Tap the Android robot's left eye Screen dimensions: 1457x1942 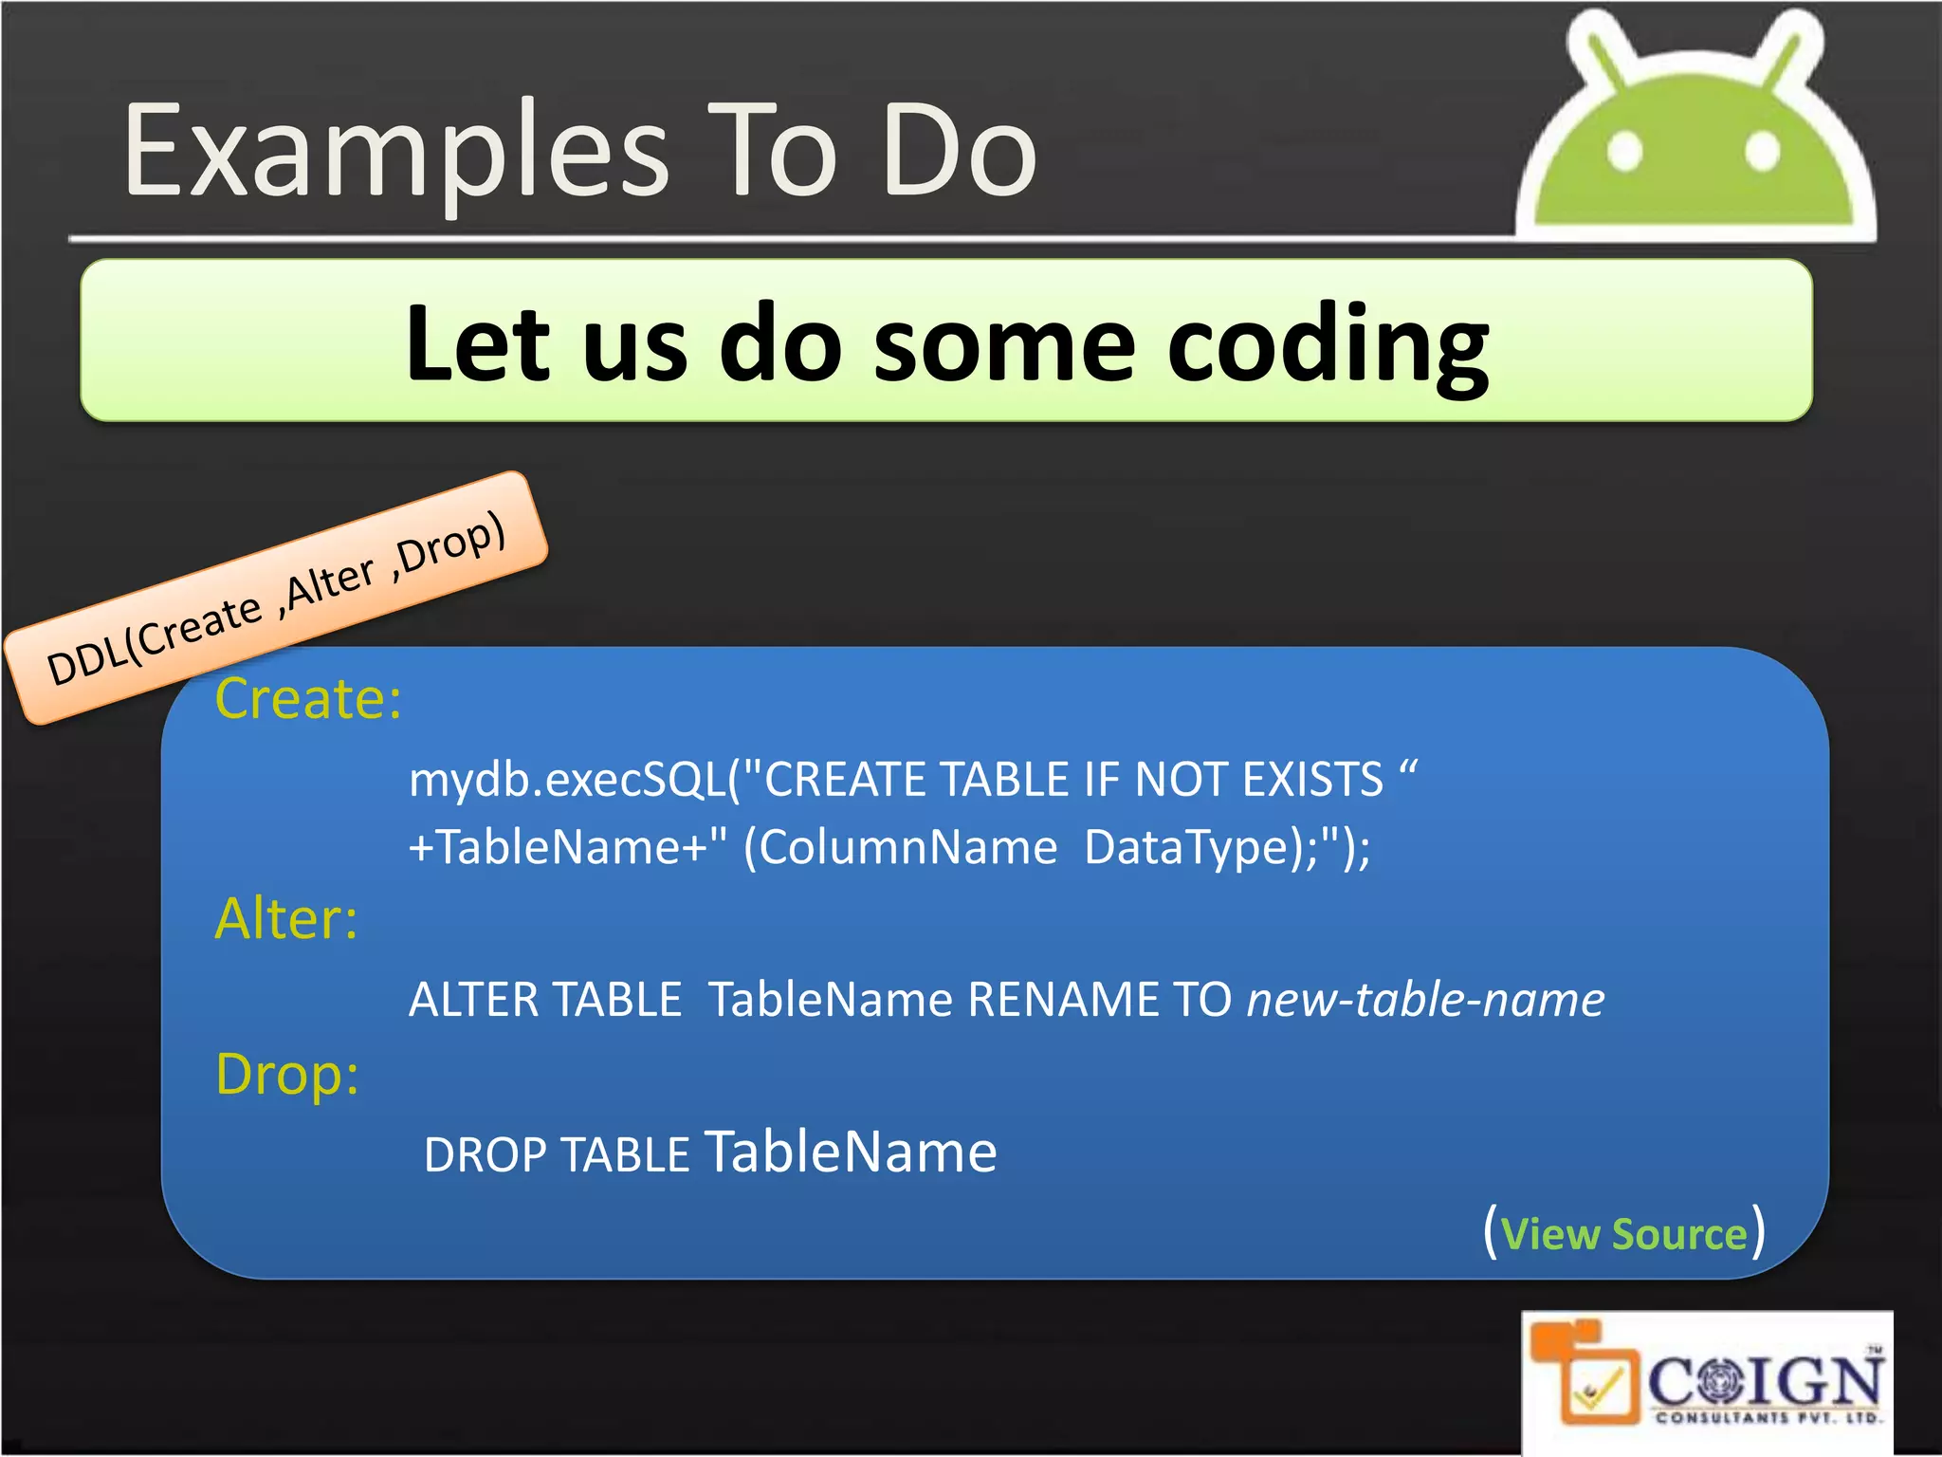pyautogui.click(x=1625, y=151)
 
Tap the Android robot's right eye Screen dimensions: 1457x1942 pyautogui.click(x=1762, y=151)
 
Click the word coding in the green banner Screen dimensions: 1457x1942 pyautogui.click(x=1328, y=346)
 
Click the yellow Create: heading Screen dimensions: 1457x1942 pyautogui.click(x=308, y=699)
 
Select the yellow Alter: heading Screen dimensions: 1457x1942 pyautogui.click(x=286, y=919)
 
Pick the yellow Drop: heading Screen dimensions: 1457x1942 pyautogui.click(x=287, y=1075)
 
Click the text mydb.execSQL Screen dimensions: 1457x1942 pyautogui.click(x=567, y=780)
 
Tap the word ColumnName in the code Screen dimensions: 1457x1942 pyautogui.click(x=907, y=847)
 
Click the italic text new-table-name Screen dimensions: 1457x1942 pyautogui.click(x=1425, y=1000)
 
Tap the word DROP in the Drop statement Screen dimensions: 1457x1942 pyautogui.click(x=485, y=1155)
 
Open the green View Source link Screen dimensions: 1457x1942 pyautogui.click(x=1623, y=1234)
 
